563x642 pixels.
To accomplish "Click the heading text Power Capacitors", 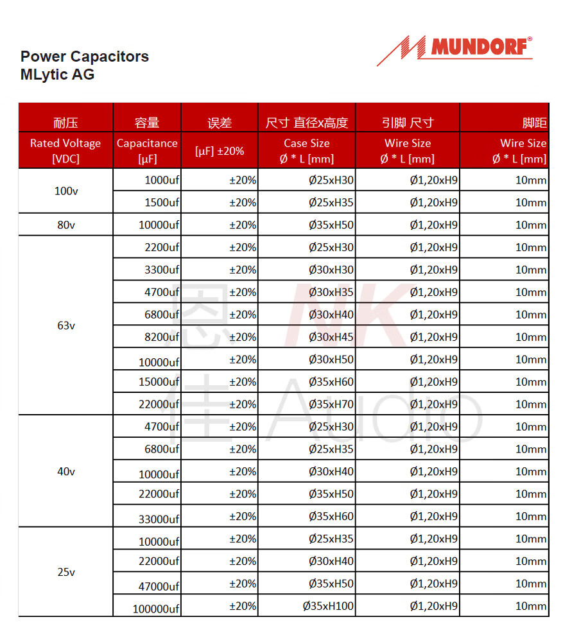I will click(85, 56).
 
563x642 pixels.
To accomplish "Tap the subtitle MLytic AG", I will click(57, 74).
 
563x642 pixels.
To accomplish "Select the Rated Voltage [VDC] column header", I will click(65, 151).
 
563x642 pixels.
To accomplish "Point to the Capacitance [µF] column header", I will click(147, 151).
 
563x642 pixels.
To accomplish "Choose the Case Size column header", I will click(307, 151).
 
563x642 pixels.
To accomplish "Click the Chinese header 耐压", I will click(65, 123).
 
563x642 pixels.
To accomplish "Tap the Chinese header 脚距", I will click(534, 123).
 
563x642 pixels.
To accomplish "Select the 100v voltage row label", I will click(65, 191).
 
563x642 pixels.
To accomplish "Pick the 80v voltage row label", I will click(65, 225).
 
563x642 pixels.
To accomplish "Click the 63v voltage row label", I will click(65, 325).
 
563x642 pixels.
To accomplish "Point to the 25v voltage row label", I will click(65, 572).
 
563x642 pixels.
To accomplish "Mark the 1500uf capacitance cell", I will click(162, 203).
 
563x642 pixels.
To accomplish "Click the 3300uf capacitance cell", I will click(162, 270).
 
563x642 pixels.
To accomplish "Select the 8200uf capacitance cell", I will click(162, 337).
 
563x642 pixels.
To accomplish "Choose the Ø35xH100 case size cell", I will click(328, 606).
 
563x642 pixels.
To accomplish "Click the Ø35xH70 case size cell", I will click(331, 404).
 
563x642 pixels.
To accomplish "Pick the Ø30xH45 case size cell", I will click(331, 337).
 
